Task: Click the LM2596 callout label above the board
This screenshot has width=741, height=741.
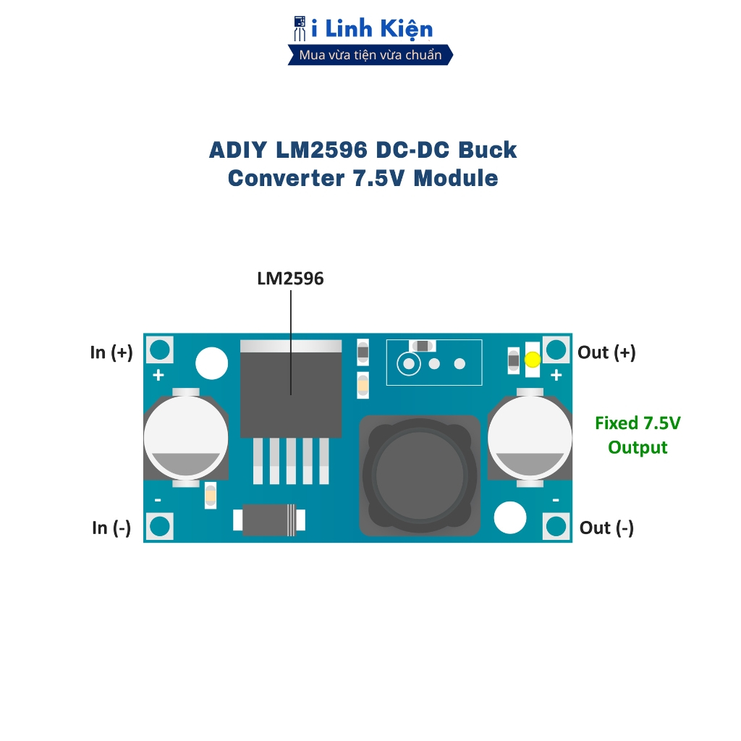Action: coord(290,279)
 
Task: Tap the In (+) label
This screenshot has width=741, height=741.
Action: coord(111,352)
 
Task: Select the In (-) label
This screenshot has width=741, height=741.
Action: coord(111,528)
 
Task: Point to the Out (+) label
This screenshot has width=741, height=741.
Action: coord(606,352)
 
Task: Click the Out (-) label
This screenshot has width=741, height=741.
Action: coord(606,528)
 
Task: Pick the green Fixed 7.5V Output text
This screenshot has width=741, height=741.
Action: coord(638,435)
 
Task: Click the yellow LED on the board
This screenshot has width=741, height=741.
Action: coord(533,359)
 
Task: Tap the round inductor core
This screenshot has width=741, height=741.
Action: coord(420,474)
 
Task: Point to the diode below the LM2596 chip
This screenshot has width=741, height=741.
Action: coord(269,520)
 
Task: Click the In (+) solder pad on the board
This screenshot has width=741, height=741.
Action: coord(159,350)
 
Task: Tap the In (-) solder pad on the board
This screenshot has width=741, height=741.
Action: coord(159,526)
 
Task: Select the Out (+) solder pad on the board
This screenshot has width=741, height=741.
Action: coord(556,350)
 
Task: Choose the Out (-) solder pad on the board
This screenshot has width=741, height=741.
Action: coord(556,526)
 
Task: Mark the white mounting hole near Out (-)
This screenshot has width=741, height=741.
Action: coord(509,517)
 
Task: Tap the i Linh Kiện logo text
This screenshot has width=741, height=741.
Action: coord(372,29)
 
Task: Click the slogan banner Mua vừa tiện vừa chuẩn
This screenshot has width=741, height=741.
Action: coord(370,55)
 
